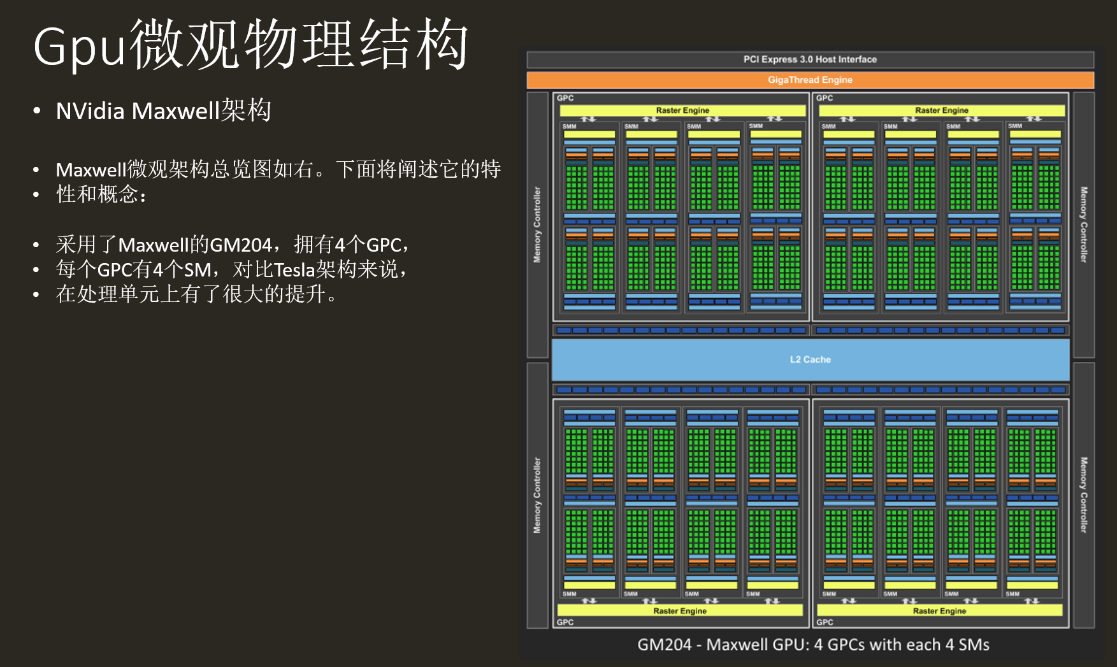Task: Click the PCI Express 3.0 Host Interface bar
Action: [810, 59]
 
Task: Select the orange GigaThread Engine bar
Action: [810, 80]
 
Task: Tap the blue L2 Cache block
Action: [810, 359]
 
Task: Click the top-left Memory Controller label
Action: [537, 224]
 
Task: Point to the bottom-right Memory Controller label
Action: [1083, 495]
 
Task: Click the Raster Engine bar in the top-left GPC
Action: [682, 110]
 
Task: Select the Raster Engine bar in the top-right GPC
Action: [941, 110]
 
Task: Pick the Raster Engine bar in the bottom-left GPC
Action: [680, 610]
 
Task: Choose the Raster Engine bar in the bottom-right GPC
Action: [939, 610]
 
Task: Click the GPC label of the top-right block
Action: [825, 98]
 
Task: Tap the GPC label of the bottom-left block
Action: [565, 622]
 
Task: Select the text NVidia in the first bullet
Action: [90, 111]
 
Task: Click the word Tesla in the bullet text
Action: [294, 269]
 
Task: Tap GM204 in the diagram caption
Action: [664, 645]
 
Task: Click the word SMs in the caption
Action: [974, 645]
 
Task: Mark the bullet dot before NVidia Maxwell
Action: [37, 111]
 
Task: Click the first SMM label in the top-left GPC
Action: [569, 126]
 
